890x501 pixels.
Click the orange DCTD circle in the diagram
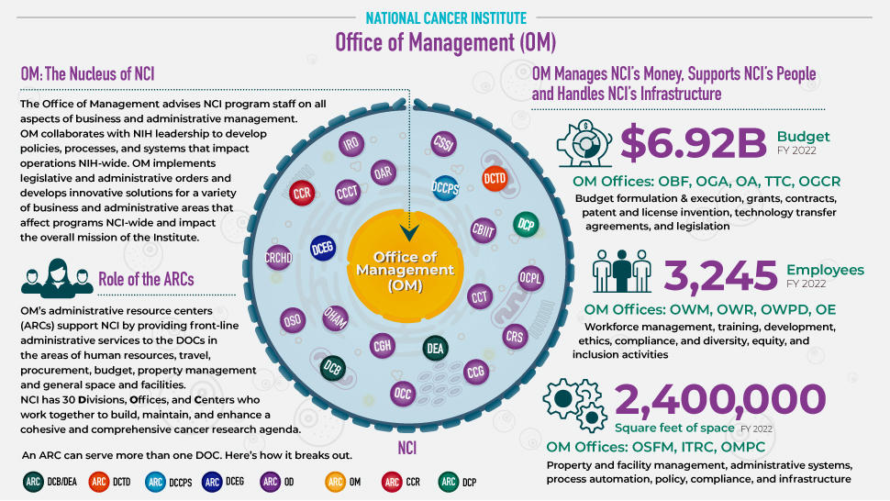coord(495,178)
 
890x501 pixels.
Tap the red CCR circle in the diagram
coord(302,193)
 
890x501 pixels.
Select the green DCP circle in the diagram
coord(525,224)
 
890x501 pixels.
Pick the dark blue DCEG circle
coord(322,246)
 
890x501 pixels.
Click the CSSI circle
coord(444,144)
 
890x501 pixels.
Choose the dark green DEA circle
coord(435,348)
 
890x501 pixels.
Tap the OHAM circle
coord(335,317)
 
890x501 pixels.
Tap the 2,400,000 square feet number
coord(720,400)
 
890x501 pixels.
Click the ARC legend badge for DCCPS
coord(155,480)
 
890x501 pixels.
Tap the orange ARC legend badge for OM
coord(336,480)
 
